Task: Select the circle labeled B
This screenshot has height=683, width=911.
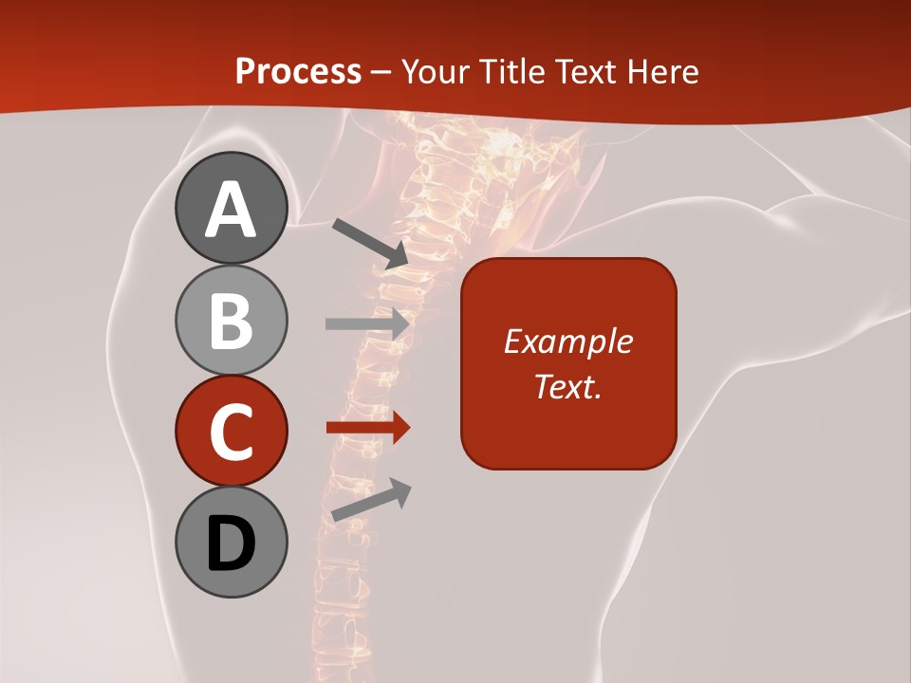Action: pyautogui.click(x=231, y=320)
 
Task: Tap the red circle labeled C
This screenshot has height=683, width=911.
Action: pyautogui.click(x=231, y=432)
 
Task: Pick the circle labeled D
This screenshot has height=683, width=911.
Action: pyautogui.click(x=231, y=543)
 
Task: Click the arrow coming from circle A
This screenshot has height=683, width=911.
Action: pyautogui.click(x=370, y=243)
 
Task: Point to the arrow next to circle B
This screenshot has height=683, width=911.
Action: pyautogui.click(x=367, y=323)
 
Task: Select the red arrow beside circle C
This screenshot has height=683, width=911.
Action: pyautogui.click(x=367, y=428)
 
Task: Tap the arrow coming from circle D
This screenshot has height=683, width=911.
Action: pyautogui.click(x=371, y=500)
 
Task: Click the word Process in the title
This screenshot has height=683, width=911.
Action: pyautogui.click(x=298, y=71)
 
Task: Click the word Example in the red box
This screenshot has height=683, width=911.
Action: pyautogui.click(x=567, y=341)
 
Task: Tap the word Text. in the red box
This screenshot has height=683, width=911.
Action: pyautogui.click(x=567, y=387)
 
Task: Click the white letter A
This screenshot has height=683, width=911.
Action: pyautogui.click(x=231, y=210)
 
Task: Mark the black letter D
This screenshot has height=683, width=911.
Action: pyautogui.click(x=231, y=544)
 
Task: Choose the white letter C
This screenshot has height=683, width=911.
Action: pyautogui.click(x=231, y=433)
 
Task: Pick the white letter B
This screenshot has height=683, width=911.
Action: pyautogui.click(x=231, y=321)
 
